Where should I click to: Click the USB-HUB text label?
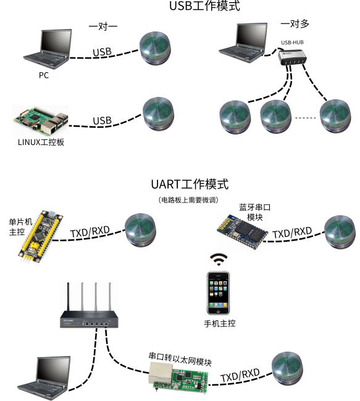tap(292, 43)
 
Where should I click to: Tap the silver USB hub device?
tap(293, 57)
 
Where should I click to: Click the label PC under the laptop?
tap(44, 75)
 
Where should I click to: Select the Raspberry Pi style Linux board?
tap(41, 122)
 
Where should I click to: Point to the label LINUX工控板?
tap(41, 142)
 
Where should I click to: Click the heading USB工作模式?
tap(204, 6)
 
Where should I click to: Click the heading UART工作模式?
tap(190, 184)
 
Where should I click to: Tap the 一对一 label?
tap(103, 26)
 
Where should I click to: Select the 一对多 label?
tap(295, 24)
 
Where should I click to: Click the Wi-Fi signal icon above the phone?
tap(219, 260)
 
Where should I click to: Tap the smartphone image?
tap(218, 293)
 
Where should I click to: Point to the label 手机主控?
tap(220, 323)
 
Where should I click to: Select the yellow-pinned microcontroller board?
tap(41, 236)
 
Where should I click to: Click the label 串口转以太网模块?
tap(180, 360)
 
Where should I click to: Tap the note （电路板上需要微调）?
tap(188, 200)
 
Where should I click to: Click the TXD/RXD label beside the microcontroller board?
tap(90, 231)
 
